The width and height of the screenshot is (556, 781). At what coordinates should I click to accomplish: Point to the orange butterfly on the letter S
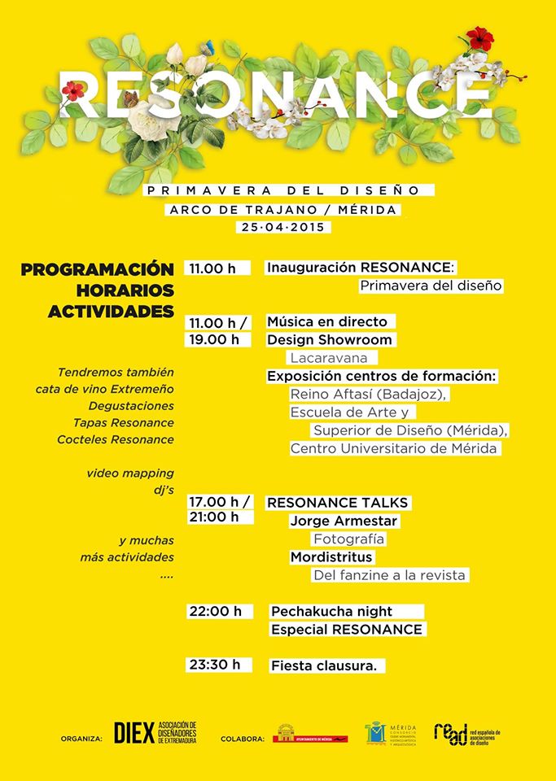(130, 99)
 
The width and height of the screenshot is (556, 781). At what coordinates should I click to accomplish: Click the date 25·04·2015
(281, 228)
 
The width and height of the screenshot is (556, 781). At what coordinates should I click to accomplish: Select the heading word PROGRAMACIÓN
(98, 269)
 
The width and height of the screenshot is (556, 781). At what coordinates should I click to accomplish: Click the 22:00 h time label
(216, 611)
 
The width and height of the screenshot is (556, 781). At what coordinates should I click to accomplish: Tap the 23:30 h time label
(216, 665)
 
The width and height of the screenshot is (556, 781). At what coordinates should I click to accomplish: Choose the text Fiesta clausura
(324, 665)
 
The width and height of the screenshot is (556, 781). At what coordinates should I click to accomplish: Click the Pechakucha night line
(331, 611)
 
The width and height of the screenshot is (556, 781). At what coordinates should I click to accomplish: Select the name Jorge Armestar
(344, 521)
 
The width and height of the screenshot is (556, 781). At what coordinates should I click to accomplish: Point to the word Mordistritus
(331, 557)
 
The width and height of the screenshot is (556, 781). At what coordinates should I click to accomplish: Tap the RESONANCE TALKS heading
(338, 503)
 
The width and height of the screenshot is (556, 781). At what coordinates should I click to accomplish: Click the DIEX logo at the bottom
(135, 733)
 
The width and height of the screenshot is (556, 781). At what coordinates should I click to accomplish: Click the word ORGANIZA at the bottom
(81, 740)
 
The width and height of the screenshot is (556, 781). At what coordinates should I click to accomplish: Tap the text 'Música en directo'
(327, 321)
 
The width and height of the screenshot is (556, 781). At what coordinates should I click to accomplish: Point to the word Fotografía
(348, 539)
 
